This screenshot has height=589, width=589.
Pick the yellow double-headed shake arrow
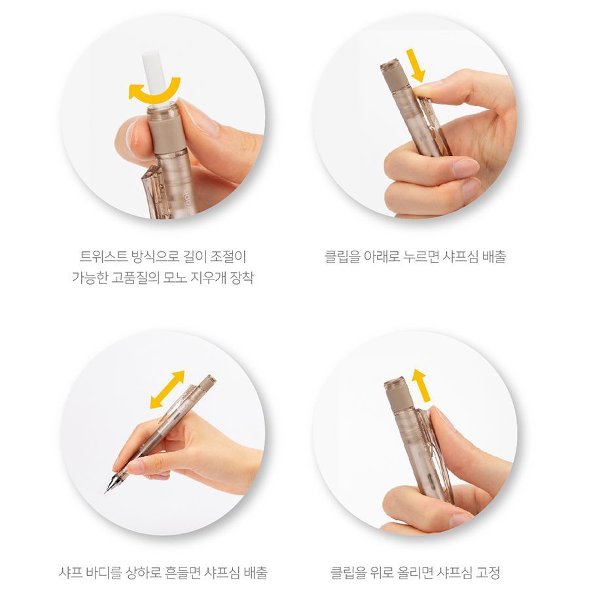[x=167, y=389]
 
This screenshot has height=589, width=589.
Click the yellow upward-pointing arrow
[x=421, y=385]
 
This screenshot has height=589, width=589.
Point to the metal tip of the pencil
[x=111, y=484]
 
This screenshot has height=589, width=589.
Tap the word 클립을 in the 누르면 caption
[x=342, y=257]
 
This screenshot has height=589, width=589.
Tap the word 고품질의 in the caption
[x=135, y=278]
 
